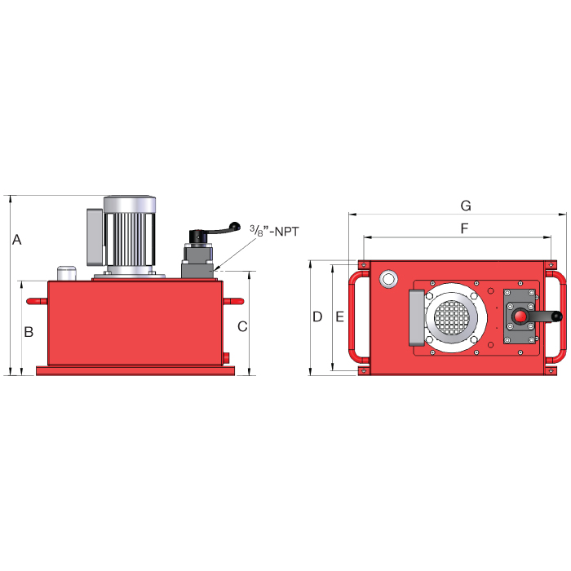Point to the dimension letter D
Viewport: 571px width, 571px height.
[x=318, y=316]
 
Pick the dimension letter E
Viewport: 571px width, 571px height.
[x=340, y=316]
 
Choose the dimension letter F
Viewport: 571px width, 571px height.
[x=464, y=228]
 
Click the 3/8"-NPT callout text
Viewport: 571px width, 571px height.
[x=274, y=232]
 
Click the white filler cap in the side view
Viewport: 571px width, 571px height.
[x=65, y=272]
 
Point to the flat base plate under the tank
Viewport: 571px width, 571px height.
[x=135, y=371]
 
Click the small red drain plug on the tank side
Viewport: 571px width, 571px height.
[x=228, y=358]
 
